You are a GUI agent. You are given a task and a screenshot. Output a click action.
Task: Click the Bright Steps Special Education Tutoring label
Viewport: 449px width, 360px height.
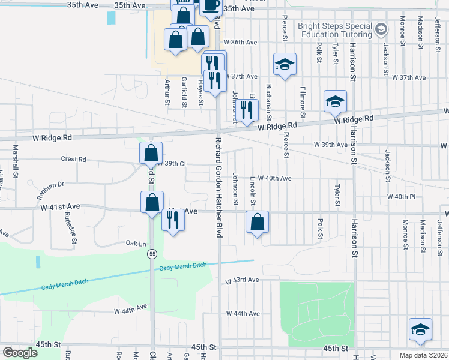click(336, 31)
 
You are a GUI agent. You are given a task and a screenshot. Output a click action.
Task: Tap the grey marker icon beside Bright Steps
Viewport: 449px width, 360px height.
click(381, 29)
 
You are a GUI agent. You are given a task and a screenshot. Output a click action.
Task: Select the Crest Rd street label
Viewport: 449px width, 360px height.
click(73, 160)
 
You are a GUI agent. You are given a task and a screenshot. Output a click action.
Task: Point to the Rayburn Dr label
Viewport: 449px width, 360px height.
click(50, 186)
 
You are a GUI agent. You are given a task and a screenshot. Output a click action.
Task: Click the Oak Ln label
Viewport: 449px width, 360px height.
click(136, 244)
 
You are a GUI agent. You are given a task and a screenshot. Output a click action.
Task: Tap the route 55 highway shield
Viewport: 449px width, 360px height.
click(153, 253)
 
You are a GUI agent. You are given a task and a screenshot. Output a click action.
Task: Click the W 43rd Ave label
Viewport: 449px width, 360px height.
click(242, 280)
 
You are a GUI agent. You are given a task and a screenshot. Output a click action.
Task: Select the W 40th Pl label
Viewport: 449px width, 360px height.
click(402, 197)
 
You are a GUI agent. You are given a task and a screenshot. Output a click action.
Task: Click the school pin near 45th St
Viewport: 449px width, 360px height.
click(420, 329)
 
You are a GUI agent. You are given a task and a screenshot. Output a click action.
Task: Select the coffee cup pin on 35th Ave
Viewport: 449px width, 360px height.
click(210, 7)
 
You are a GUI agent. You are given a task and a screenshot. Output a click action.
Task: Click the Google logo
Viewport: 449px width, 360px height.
click(20, 353)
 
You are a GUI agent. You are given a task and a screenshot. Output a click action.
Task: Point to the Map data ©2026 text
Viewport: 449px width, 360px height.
click(424, 355)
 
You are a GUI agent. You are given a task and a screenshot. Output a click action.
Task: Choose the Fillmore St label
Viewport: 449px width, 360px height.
click(302, 98)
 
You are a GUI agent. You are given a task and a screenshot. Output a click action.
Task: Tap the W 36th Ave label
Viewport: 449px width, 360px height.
click(240, 43)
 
